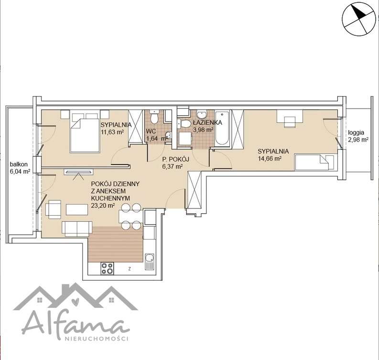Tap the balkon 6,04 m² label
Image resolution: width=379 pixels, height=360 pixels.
click(x=20, y=168)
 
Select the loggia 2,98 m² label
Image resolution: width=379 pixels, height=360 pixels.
click(x=358, y=136)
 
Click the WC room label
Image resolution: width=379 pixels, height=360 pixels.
click(x=151, y=131)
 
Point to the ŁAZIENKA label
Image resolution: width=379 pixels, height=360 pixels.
click(x=207, y=122)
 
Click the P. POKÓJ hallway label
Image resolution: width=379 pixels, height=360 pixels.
click(x=175, y=159)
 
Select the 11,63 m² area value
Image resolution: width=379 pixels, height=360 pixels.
click(x=112, y=132)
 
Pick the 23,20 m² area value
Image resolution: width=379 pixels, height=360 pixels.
click(x=102, y=206)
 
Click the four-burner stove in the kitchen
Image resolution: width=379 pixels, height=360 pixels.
click(x=107, y=268)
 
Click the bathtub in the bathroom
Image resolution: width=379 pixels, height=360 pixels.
click(x=222, y=128)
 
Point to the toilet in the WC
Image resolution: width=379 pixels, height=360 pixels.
click(x=153, y=117)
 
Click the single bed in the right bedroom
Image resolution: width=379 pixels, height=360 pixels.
click(x=314, y=162)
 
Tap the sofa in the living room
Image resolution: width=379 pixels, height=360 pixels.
click(x=77, y=229)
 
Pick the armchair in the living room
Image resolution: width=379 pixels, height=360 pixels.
click(x=53, y=209)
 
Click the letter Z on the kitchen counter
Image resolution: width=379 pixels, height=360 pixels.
click(x=130, y=269)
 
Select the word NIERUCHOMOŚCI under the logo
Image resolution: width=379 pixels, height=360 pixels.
click(x=96, y=338)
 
